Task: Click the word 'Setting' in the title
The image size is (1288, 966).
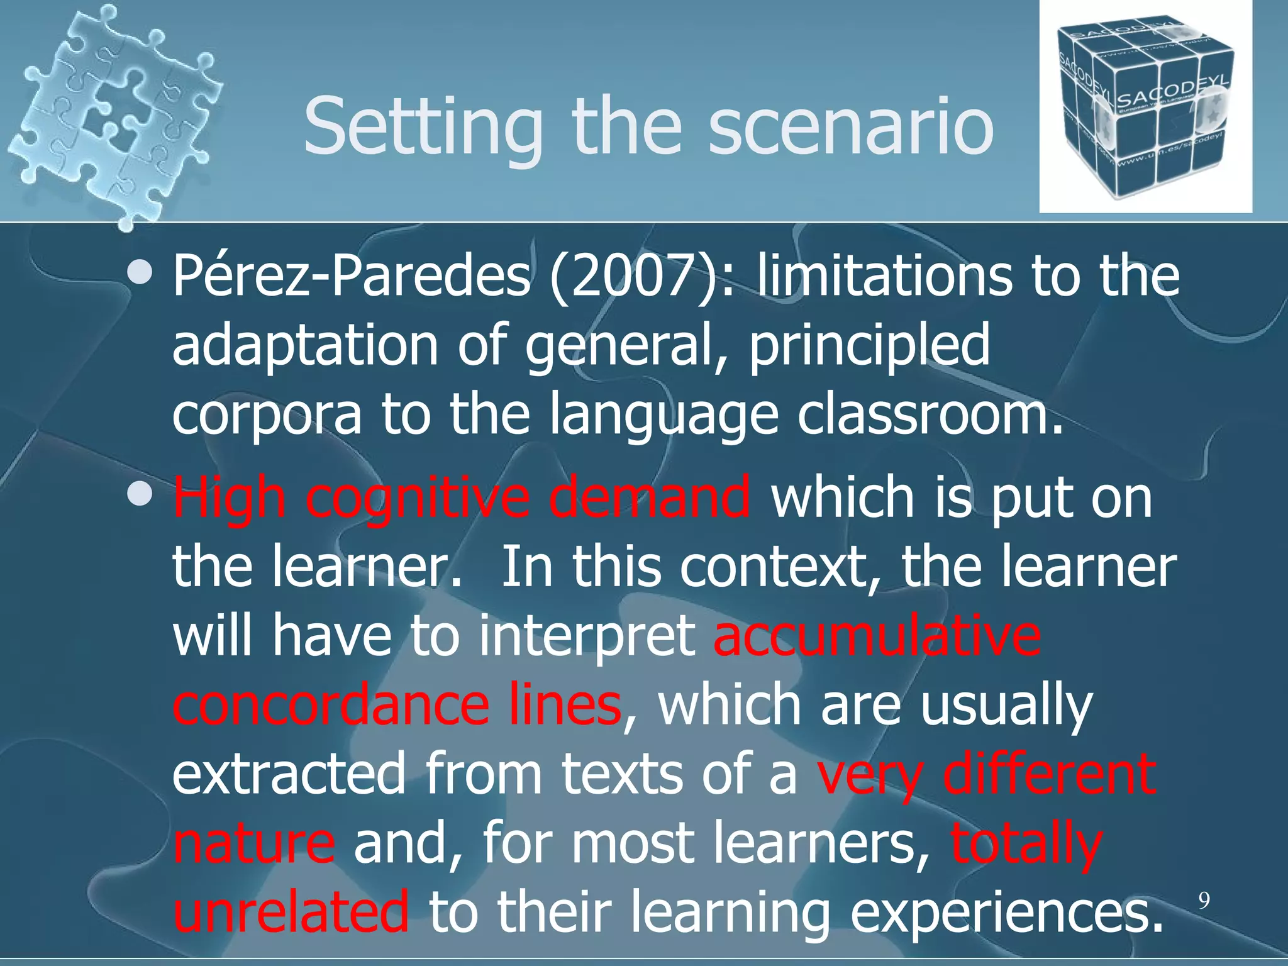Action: tap(423, 128)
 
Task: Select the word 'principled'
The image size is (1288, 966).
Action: tap(869, 346)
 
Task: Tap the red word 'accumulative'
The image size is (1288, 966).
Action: tap(877, 636)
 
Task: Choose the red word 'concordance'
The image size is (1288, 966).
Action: tap(330, 706)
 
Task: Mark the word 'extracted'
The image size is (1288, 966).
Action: tap(289, 775)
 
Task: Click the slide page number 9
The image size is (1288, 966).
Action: tap(1203, 901)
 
